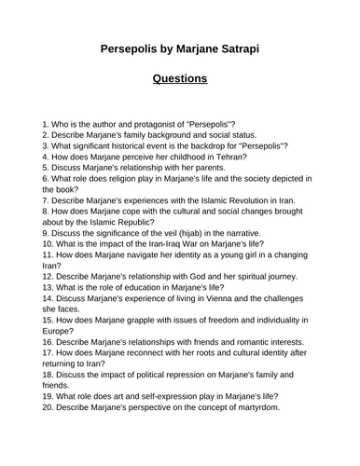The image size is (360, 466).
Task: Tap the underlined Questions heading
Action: click(180, 78)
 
